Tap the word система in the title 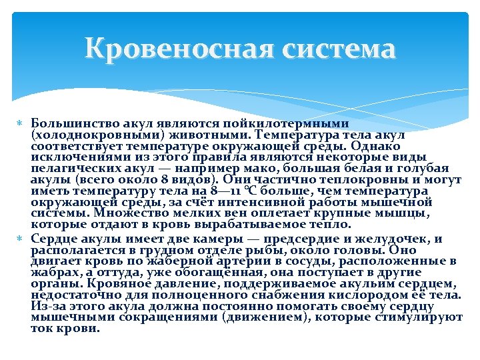(336, 49)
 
